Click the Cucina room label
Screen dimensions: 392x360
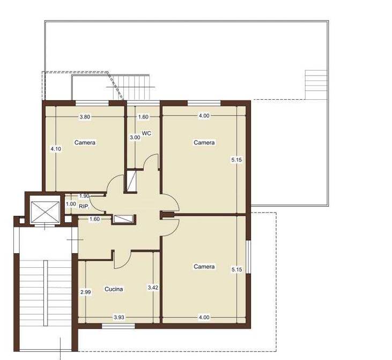pyautogui.click(x=114, y=289)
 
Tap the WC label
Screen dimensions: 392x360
pyautogui.click(x=146, y=134)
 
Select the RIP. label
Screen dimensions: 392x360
pyautogui.click(x=84, y=207)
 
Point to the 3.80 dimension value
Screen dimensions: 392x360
pyautogui.click(x=85, y=117)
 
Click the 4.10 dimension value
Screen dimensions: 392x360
pyautogui.click(x=56, y=149)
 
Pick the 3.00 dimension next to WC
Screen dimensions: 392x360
pyautogui.click(x=135, y=137)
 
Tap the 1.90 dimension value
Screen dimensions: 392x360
pyautogui.click(x=84, y=196)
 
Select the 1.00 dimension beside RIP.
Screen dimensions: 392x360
pyautogui.click(x=71, y=204)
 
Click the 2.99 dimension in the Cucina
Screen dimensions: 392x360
pyautogui.click(x=85, y=292)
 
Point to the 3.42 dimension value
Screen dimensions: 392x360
pyautogui.click(x=153, y=288)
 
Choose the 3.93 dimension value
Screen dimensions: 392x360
pyautogui.click(x=119, y=317)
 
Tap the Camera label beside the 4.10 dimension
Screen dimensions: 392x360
pyautogui.click(x=85, y=142)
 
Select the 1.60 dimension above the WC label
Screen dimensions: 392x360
pyautogui.click(x=143, y=117)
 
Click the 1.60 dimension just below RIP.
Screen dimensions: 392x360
pyautogui.click(x=94, y=219)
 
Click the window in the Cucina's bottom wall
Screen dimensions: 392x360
pyautogui.click(x=119, y=326)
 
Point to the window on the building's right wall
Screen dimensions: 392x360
pyautogui.click(x=248, y=257)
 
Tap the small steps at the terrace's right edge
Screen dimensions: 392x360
pyautogui.click(x=316, y=85)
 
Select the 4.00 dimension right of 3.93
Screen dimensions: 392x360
pyautogui.click(x=204, y=317)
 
